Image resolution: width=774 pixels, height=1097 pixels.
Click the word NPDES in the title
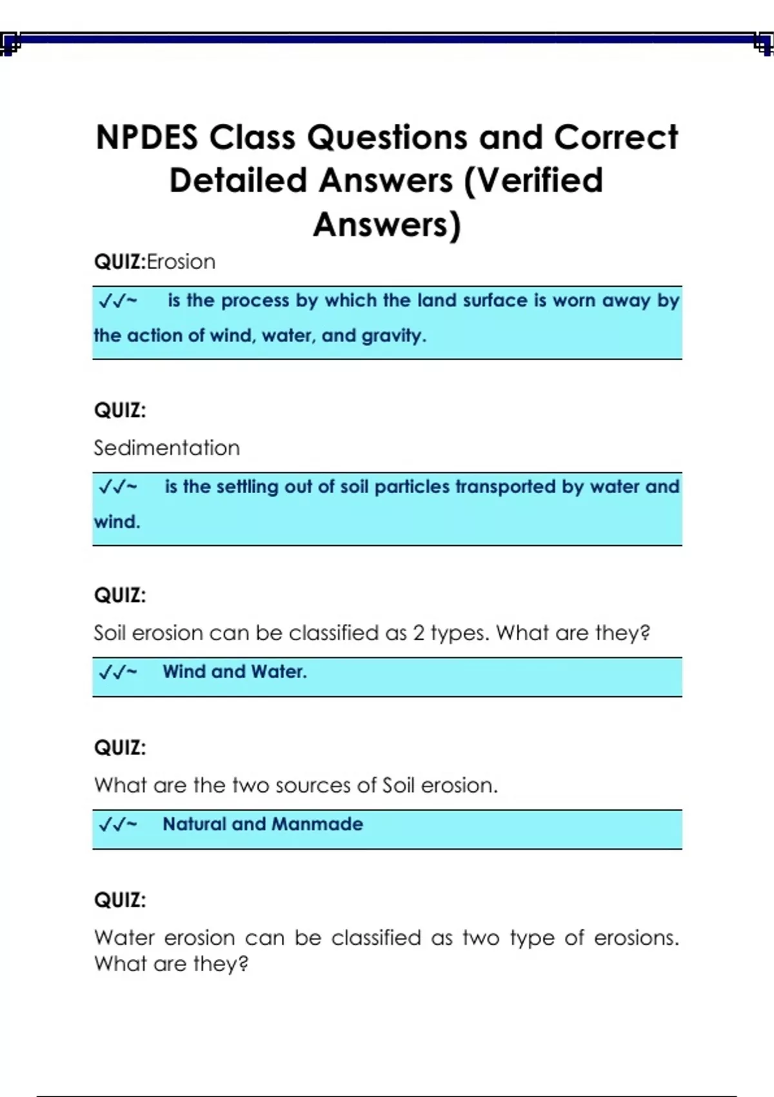click(x=146, y=137)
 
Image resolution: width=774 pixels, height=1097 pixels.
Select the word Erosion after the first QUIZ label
click(x=181, y=262)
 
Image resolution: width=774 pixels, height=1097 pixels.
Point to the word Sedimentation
click(x=166, y=448)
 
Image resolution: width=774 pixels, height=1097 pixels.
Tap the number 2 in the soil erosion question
click(x=419, y=633)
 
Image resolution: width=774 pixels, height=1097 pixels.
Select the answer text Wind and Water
click(x=234, y=672)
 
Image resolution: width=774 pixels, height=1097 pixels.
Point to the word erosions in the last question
click(x=635, y=938)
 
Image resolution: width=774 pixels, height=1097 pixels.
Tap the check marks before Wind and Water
click(x=117, y=672)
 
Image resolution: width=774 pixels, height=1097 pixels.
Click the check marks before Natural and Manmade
click(x=117, y=825)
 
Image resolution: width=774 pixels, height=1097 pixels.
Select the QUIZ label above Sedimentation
click(x=120, y=410)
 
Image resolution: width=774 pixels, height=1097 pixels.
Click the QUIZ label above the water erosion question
click(x=120, y=900)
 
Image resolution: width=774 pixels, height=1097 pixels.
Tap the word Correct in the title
click(x=616, y=137)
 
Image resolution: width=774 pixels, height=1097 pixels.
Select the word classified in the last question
click(x=376, y=938)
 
